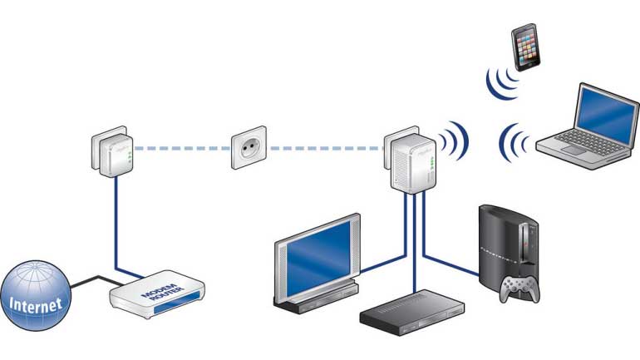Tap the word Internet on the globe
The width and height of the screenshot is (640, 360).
(36, 305)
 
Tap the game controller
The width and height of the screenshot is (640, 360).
(518, 288)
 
